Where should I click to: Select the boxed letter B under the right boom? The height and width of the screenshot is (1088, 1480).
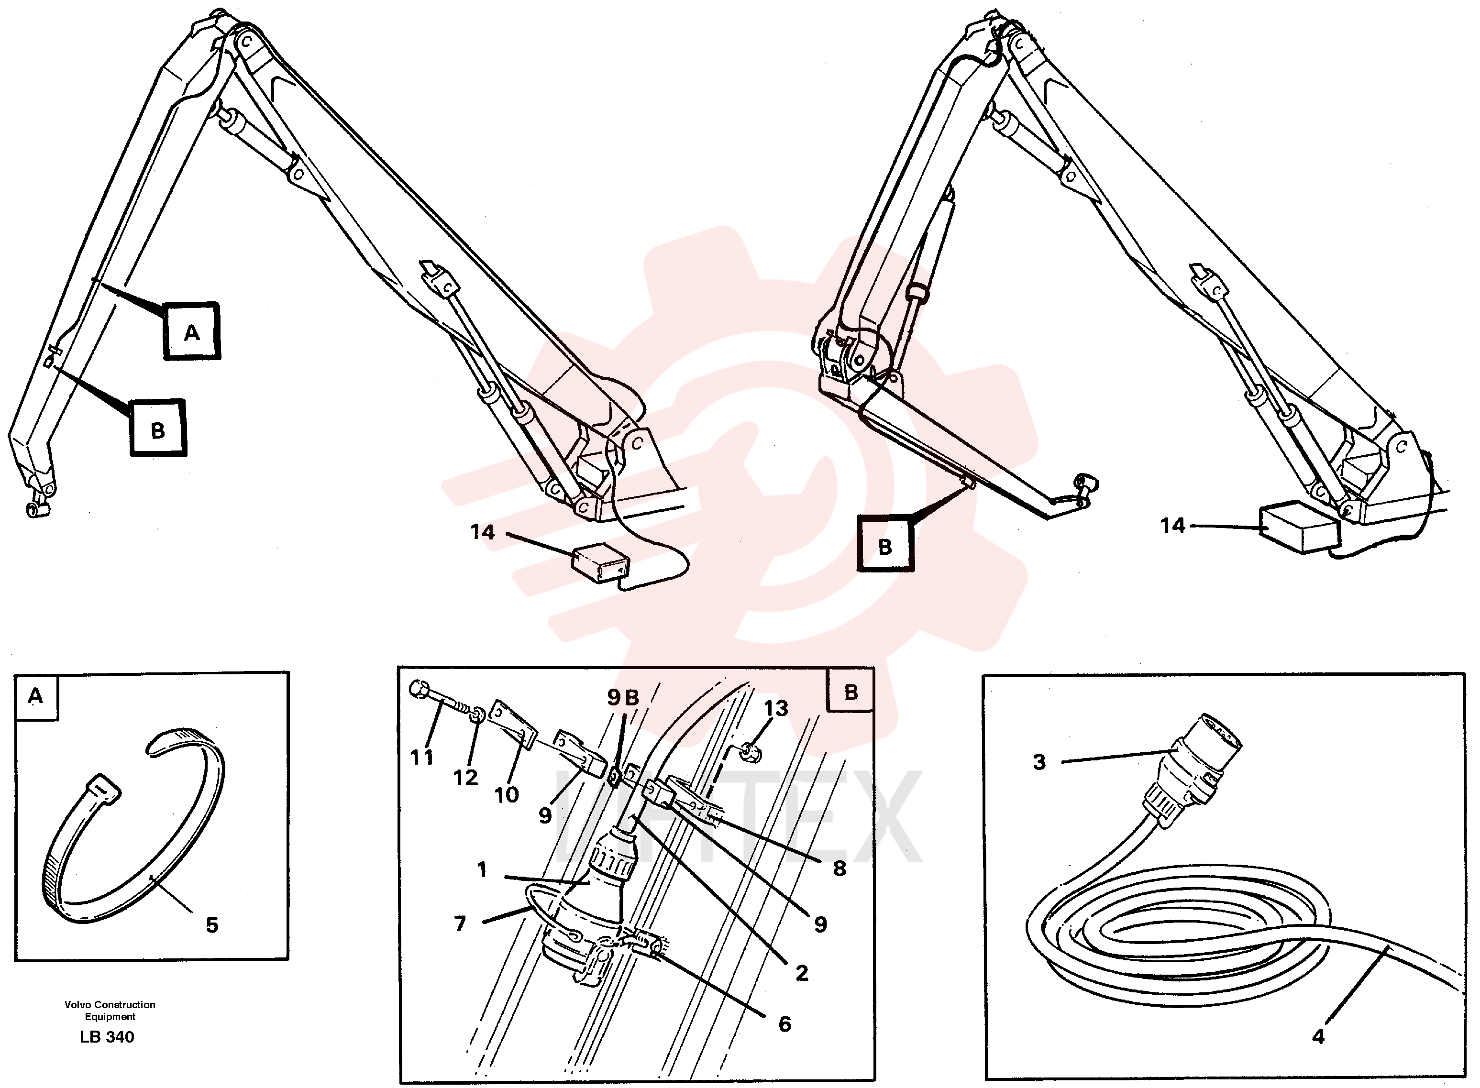click(885, 546)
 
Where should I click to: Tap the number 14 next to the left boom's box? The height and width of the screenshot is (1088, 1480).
click(482, 531)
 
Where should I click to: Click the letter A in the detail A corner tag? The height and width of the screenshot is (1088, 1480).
click(35, 695)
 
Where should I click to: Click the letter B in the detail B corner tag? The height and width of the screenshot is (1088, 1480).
click(851, 692)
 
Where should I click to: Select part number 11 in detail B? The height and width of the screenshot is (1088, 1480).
click(421, 758)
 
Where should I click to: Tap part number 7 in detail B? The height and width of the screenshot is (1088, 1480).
click(460, 923)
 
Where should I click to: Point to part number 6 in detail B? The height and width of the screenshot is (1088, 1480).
click(784, 1023)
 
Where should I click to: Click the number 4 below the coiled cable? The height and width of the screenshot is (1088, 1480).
click(1318, 1037)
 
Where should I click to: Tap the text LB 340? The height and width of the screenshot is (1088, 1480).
click(107, 1037)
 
